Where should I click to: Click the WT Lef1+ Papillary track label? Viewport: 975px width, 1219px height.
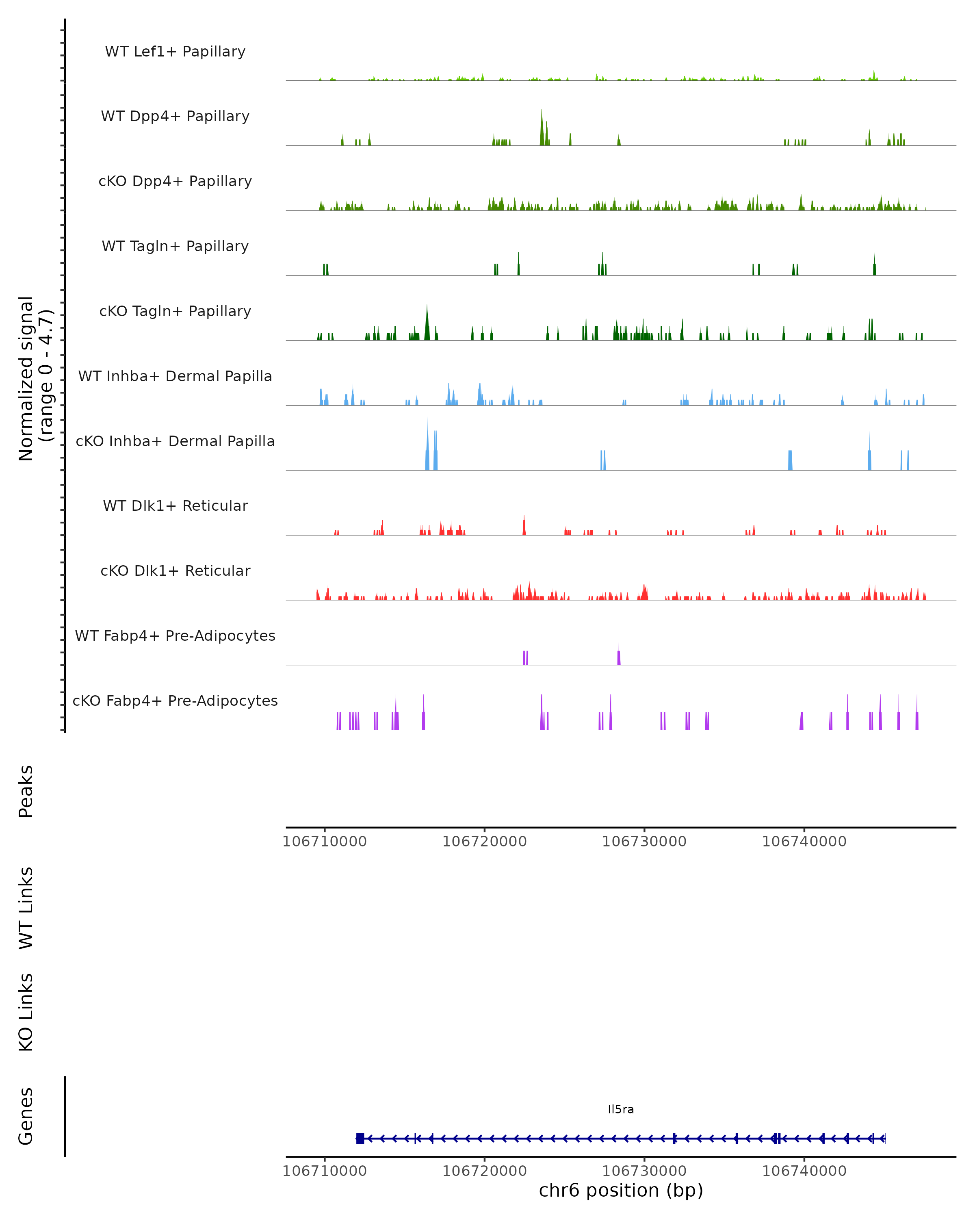(x=175, y=52)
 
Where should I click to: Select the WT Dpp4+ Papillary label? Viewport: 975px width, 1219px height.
(x=175, y=117)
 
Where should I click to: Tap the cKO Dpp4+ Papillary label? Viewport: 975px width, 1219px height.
(x=175, y=182)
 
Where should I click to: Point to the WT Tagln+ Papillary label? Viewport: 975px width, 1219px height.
(x=175, y=247)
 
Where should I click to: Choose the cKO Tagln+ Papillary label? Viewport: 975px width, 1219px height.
(x=175, y=312)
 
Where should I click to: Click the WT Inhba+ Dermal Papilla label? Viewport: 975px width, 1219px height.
(x=175, y=377)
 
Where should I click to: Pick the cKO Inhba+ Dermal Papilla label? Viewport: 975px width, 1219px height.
(x=175, y=442)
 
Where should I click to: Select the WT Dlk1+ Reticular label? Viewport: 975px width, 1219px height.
(x=175, y=506)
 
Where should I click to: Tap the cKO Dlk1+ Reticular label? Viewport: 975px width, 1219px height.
(x=175, y=571)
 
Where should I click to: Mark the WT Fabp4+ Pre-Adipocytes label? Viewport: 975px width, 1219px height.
(x=175, y=636)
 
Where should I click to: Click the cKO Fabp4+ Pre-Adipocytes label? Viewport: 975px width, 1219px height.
(x=175, y=701)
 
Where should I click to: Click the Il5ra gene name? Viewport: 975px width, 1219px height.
(x=621, y=1110)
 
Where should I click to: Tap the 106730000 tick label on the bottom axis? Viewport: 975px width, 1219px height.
(x=644, y=1171)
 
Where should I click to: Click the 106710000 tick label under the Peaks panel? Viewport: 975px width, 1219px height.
(x=325, y=842)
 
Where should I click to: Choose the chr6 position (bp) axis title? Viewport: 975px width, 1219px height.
(x=621, y=1191)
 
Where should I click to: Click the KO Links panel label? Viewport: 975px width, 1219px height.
(x=26, y=1012)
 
